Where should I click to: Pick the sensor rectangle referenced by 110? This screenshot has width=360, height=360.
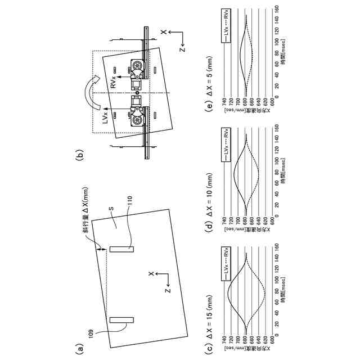pos(121,248)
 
